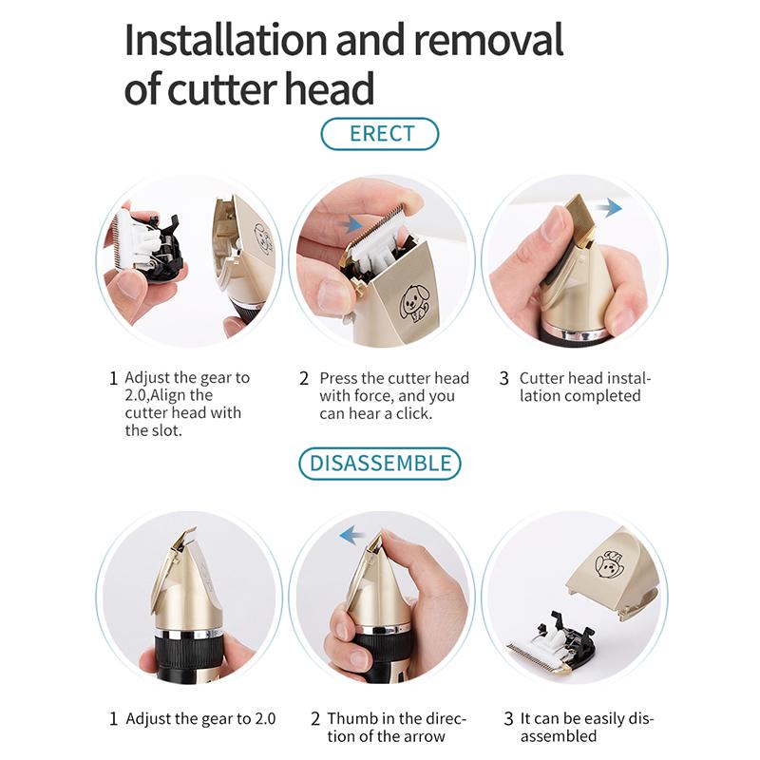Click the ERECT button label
coord(382,134)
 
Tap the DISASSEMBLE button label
coord(380,464)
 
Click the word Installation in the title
coord(226,40)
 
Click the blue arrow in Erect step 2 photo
coord(351,224)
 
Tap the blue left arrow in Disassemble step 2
coord(352,536)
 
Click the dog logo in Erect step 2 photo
coord(413,303)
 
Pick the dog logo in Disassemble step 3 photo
coord(608,564)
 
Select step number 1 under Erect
coord(113,378)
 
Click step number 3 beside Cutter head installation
coord(504,378)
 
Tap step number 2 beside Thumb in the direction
coord(315,718)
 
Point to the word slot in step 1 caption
coord(165,430)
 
